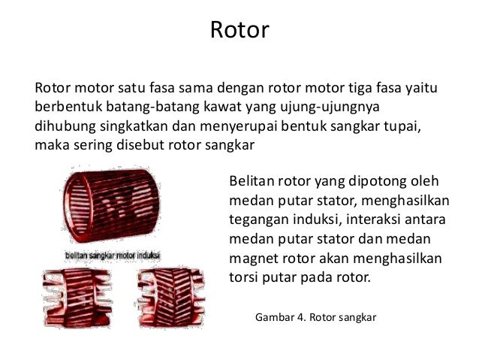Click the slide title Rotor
point(239,31)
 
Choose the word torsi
point(241,277)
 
